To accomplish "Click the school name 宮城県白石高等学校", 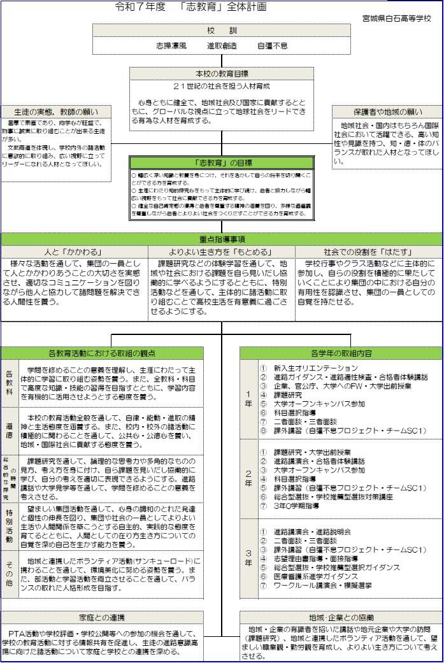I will point(397,18).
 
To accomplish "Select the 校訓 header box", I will point(222,31).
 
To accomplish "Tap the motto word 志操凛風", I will point(171,46).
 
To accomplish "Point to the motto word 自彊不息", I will point(272,46).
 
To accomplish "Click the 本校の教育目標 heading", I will point(222,73).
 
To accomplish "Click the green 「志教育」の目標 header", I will point(222,162).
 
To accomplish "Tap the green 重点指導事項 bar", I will point(222,239).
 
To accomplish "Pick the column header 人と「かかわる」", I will point(74,252).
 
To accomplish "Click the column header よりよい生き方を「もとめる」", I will point(222,252).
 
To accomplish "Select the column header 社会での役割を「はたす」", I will point(368,252).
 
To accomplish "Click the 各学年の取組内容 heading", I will point(341,353).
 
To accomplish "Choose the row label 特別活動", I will point(10,526).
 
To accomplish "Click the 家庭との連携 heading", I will point(102,617).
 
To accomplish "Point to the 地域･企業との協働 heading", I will point(341,617).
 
